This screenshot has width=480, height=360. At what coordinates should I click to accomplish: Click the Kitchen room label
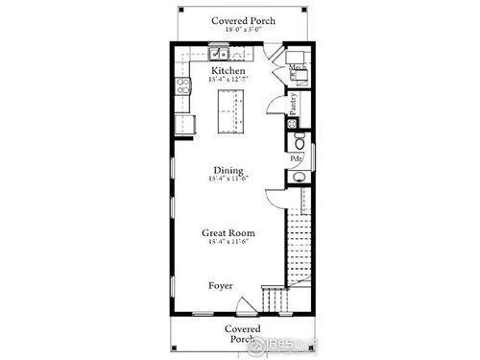[228, 71]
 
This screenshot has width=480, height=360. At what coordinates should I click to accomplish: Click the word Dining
[228, 171]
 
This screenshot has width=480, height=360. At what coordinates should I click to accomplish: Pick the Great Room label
[228, 232]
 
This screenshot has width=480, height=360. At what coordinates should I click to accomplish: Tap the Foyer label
[221, 286]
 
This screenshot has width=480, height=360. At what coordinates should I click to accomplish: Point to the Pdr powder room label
[297, 157]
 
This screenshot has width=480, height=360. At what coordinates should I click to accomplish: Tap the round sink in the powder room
[298, 178]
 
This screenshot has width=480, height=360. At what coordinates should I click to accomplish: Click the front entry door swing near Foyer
[245, 304]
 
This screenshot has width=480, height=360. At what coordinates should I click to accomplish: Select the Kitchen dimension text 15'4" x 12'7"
[228, 80]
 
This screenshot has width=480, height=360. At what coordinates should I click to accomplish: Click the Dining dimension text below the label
[228, 180]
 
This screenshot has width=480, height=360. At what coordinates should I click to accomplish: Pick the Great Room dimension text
[228, 242]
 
